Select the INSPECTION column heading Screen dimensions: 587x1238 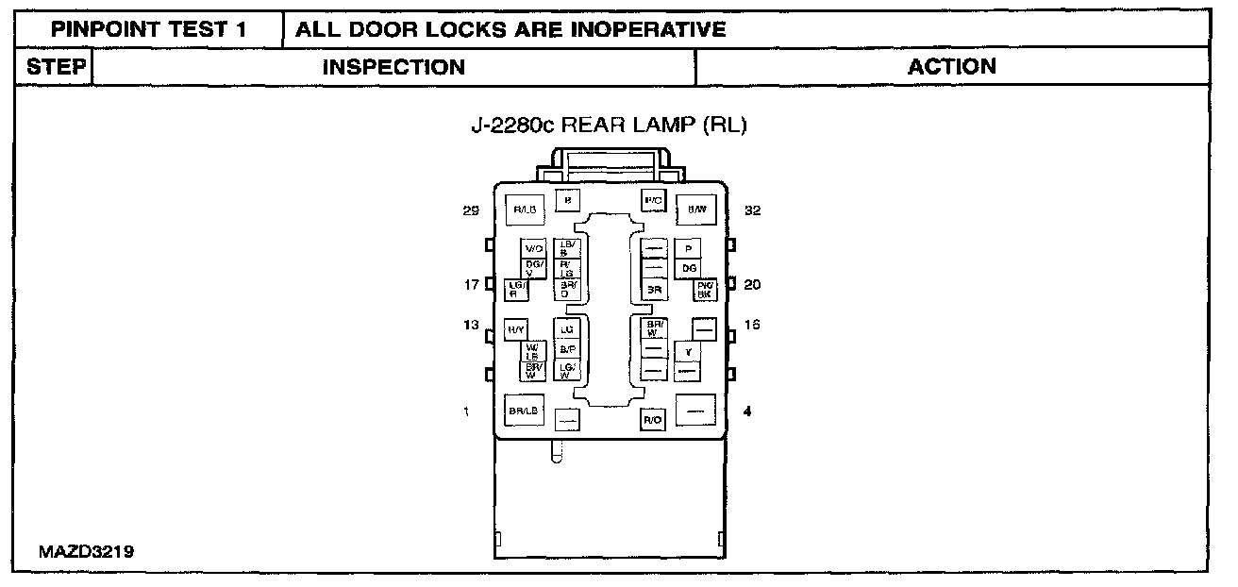[x=393, y=67]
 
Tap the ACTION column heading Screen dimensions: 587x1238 [x=951, y=66]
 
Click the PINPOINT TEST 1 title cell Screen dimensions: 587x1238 [x=149, y=29]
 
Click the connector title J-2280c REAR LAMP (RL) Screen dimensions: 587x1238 [x=609, y=126]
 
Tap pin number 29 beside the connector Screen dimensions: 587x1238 [x=471, y=210]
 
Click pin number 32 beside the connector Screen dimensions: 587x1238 [x=752, y=210]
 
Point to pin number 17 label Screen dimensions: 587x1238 [x=471, y=284]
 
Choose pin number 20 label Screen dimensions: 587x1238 [x=752, y=284]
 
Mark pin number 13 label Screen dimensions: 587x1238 [x=471, y=325]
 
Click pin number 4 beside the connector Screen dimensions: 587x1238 [x=748, y=411]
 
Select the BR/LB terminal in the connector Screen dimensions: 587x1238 [x=524, y=411]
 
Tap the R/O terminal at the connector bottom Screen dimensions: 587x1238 [x=652, y=419]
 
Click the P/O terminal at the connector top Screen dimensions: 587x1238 [x=654, y=200]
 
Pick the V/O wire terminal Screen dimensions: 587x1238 [x=534, y=248]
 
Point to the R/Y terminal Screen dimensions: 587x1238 [x=515, y=330]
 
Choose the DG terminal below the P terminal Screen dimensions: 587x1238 [x=690, y=268]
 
